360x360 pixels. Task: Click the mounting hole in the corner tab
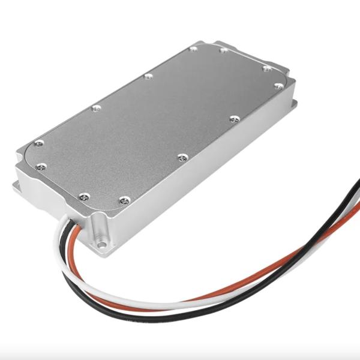tap(103, 245)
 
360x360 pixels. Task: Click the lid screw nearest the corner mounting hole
tap(124, 200)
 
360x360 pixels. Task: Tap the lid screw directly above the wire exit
tap(84, 196)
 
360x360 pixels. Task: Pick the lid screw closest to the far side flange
tap(278, 86)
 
